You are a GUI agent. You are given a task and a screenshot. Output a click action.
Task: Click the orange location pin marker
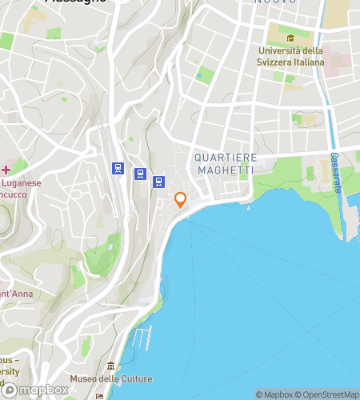coord(181,201)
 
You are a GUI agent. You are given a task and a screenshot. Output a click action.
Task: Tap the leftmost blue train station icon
coord(118,168)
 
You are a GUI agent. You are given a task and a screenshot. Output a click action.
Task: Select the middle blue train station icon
coord(140,174)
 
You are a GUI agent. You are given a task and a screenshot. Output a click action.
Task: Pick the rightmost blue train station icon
coord(159,182)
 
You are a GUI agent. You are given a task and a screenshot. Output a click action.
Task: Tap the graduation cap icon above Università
coord(291,38)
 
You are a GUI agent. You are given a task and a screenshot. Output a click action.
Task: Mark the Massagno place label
coord(75,2)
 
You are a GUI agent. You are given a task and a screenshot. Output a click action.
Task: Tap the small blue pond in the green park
coord(198,76)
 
